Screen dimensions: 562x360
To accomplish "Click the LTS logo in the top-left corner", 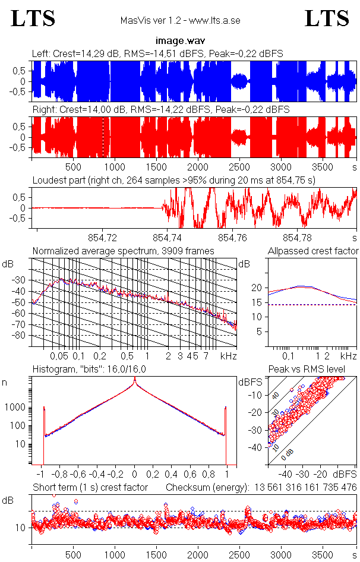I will (33, 18).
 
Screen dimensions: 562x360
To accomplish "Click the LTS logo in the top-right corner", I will (327, 18).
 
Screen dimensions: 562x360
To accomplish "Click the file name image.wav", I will (179, 41).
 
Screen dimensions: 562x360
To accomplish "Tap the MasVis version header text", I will (180, 20).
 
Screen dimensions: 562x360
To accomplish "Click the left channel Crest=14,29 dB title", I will (157, 53).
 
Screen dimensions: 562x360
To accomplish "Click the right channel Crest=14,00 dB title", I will (160, 110).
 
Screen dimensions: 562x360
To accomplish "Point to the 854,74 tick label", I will (167, 238).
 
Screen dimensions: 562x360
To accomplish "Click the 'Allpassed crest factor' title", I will (313, 251).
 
